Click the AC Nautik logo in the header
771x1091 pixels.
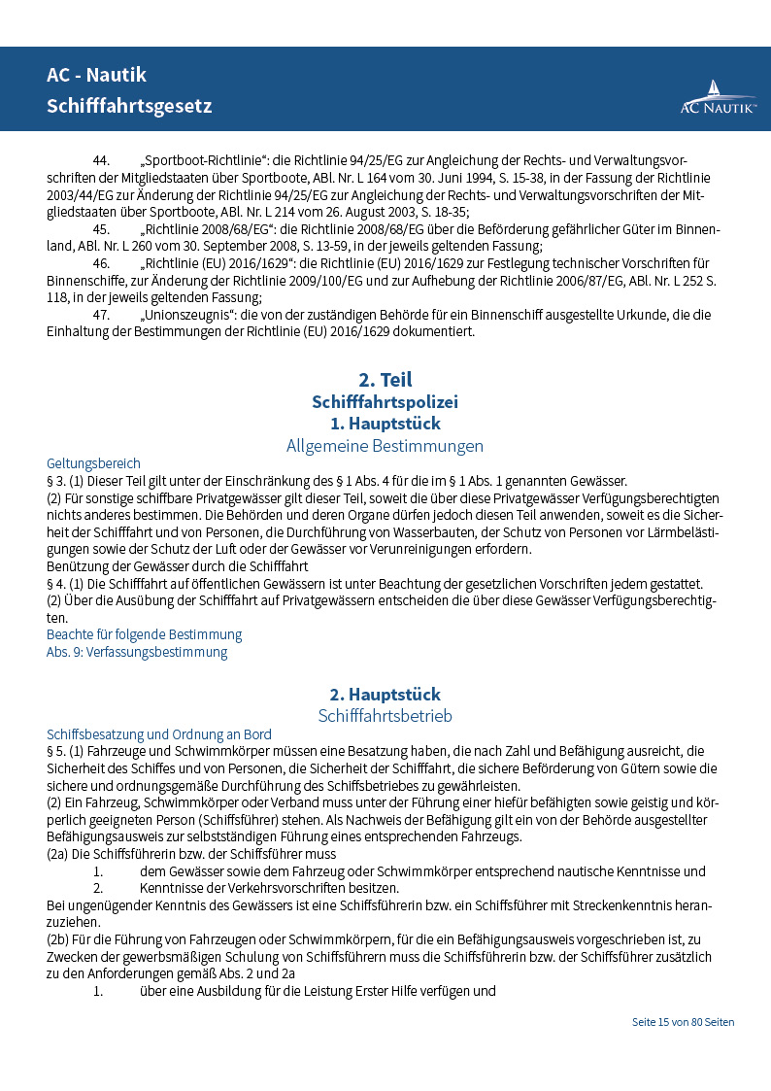pos(718,98)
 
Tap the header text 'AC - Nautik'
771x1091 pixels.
pos(96,75)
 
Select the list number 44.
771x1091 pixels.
pos(101,160)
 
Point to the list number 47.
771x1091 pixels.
pos(101,316)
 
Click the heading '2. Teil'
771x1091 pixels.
pos(385,379)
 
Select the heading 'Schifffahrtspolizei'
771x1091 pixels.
pos(385,401)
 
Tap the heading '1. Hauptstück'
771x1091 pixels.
pos(385,424)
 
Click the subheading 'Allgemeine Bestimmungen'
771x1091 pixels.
pos(385,446)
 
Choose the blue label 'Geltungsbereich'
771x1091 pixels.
pos(93,463)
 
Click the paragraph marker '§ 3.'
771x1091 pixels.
pos(57,481)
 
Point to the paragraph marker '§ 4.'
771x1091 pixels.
pos(57,583)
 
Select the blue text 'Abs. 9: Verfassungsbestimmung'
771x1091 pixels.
pos(137,652)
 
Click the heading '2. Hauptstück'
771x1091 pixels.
pos(385,694)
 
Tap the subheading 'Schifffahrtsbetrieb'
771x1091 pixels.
pos(385,716)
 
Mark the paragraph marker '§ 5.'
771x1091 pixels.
pos(57,751)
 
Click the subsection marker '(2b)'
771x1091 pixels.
pos(59,939)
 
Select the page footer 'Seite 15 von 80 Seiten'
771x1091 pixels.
pos(683,1022)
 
